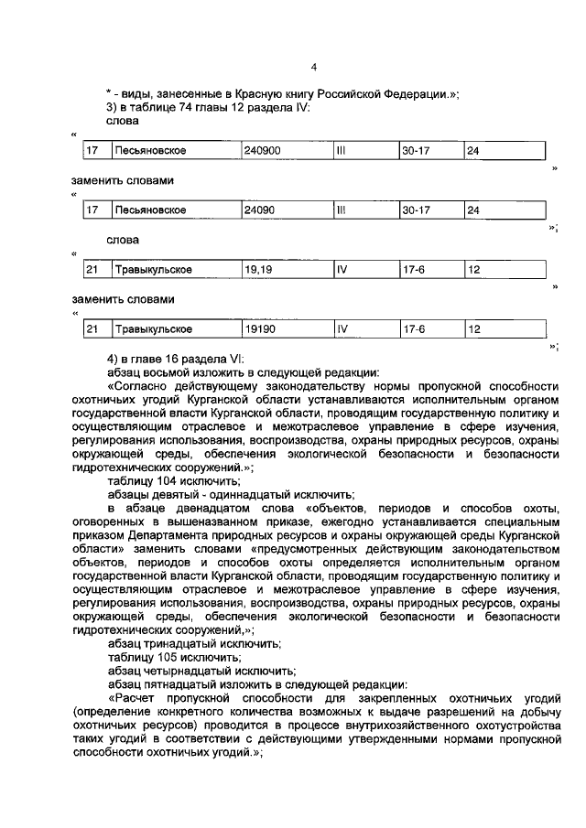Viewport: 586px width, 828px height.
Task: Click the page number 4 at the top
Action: point(313,67)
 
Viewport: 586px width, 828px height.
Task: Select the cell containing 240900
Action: point(261,151)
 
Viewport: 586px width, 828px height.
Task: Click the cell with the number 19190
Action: point(260,329)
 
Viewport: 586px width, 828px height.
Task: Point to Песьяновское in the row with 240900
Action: point(150,151)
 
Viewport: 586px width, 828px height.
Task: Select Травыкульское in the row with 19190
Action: point(153,329)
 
